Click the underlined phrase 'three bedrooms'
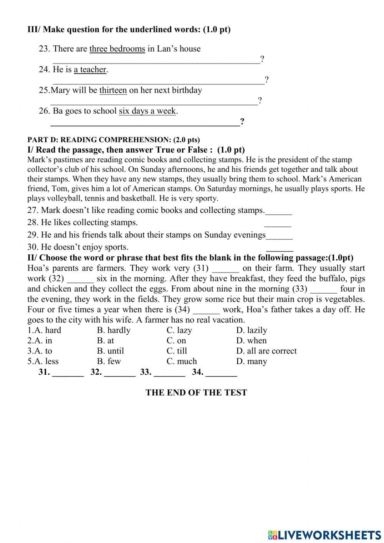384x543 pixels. tap(117, 49)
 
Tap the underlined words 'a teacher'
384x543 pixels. tap(90, 70)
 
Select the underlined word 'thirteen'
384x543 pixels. tap(113, 90)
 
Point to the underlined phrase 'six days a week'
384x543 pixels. tap(147, 111)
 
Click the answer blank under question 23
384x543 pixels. tap(156, 60)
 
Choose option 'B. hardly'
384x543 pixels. tap(114, 330)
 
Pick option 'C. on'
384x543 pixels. tap(176, 341)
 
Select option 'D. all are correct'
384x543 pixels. tap(266, 351)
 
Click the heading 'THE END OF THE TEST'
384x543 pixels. tap(196, 393)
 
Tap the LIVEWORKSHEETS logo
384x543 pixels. tap(324, 535)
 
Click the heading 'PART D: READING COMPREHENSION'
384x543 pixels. tap(114, 140)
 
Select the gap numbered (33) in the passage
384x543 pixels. tap(323, 289)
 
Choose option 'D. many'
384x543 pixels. tap(252, 362)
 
